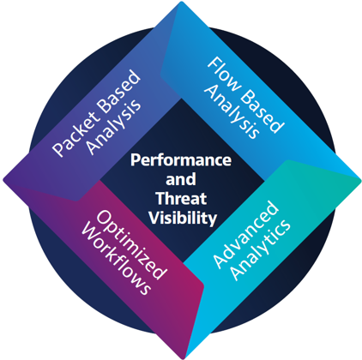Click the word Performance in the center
point(181,160)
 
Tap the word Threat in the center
point(181,198)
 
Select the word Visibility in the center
point(183,218)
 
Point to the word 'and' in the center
point(181,179)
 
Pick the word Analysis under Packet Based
point(114,127)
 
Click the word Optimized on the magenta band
point(131,245)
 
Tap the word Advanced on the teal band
point(246,234)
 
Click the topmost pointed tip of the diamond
point(181,2)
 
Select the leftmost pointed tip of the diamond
point(3,180)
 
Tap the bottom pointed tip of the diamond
point(183,359)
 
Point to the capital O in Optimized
point(104,218)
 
